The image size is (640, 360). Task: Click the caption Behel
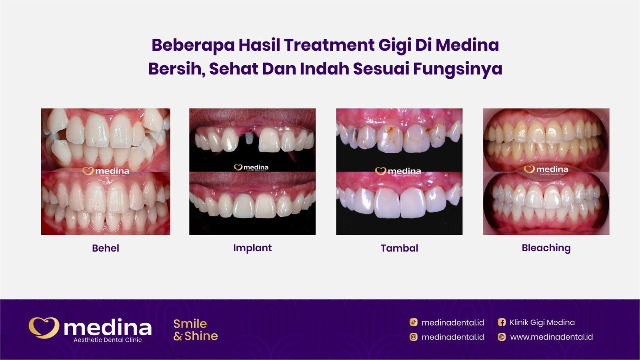(x=106, y=248)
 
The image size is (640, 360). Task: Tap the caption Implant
(x=252, y=248)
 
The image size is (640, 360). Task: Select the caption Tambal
(x=399, y=248)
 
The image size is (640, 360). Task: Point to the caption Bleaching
(x=546, y=248)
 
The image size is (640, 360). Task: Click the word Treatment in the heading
(x=329, y=45)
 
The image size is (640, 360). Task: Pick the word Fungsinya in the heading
(x=457, y=69)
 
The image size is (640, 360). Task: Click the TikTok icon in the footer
(x=414, y=322)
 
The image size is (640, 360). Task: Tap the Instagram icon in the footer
(x=414, y=337)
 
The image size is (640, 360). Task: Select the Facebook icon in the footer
(x=502, y=322)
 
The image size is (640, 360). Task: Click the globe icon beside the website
(x=502, y=337)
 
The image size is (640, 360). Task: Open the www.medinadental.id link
(x=551, y=337)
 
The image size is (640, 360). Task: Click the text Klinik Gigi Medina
(x=542, y=322)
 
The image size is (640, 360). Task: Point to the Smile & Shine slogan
(x=196, y=330)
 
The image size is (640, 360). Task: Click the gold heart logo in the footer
(x=44, y=328)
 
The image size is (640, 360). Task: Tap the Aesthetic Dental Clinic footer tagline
(x=108, y=340)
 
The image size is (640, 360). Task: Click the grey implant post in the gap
(x=249, y=138)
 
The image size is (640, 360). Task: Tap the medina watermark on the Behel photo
(x=106, y=171)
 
